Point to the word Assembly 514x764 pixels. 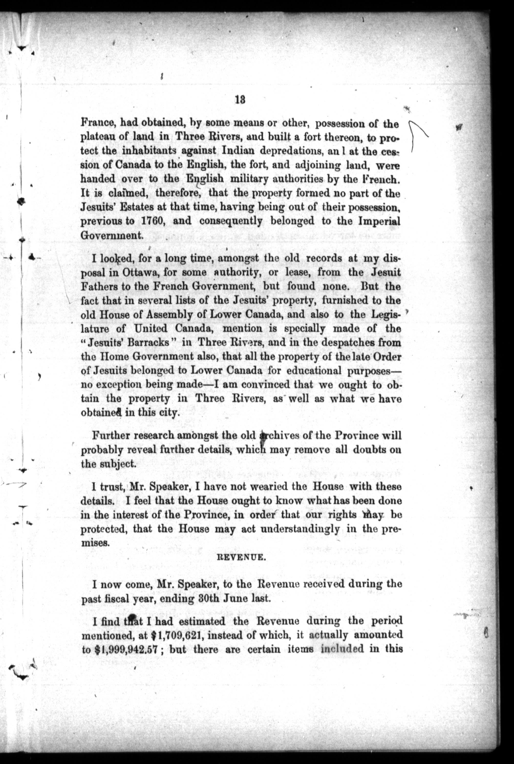click(x=165, y=315)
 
